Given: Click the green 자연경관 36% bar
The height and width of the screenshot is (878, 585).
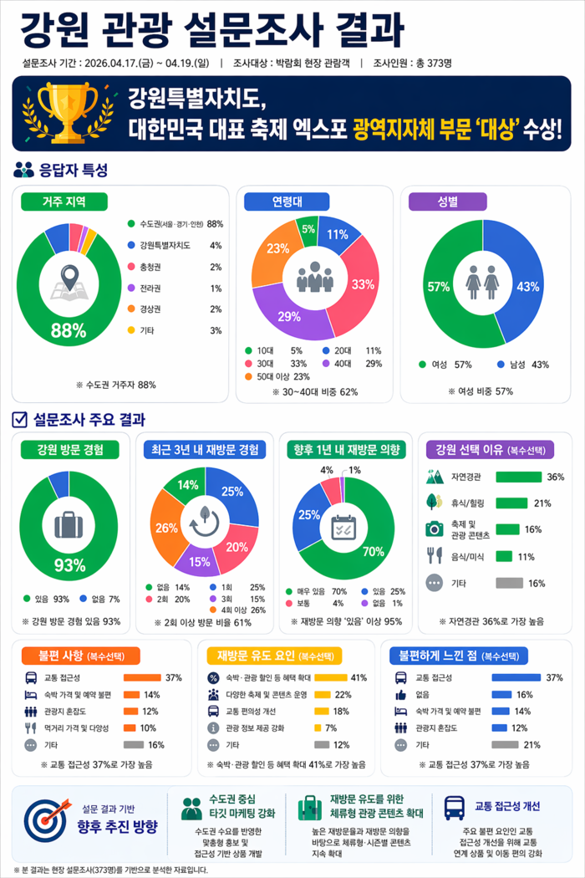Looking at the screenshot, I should coord(518,477).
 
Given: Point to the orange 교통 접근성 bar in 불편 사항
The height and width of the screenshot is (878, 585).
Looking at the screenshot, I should coord(142,677).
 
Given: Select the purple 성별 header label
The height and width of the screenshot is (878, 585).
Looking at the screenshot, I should coord(447,202).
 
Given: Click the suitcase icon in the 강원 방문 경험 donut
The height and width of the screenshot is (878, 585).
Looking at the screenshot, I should coord(69,524).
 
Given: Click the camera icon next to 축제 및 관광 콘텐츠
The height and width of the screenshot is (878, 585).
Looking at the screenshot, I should coord(434,529).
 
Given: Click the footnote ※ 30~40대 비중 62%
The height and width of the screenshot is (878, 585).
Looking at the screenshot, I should coord(315,391).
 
